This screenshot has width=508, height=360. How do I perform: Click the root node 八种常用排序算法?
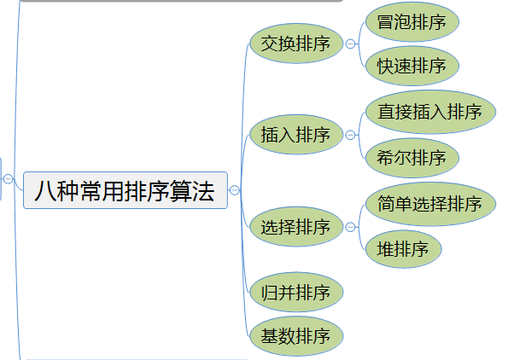[x=126, y=190]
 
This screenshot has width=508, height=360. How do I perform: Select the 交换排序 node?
[x=296, y=44]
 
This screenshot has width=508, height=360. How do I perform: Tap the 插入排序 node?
[x=296, y=134]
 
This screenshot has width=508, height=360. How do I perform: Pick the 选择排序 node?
[x=296, y=227]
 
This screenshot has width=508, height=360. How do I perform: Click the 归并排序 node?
[x=296, y=292]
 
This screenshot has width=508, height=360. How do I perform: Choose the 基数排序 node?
[x=296, y=336]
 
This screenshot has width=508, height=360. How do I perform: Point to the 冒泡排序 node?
[x=412, y=21]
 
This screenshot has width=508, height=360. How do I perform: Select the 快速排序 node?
[x=412, y=66]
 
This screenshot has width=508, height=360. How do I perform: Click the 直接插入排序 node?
[x=430, y=112]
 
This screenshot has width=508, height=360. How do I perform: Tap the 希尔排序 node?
[x=412, y=158]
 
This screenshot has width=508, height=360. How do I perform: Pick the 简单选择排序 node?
[x=430, y=204]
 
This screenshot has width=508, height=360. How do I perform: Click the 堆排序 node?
[x=403, y=249]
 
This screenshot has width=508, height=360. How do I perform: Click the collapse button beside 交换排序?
[x=350, y=44]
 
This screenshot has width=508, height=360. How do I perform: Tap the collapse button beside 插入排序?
[x=350, y=135]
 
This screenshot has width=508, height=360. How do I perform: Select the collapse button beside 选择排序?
[x=350, y=227]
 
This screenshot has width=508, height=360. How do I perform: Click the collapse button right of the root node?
[x=235, y=190]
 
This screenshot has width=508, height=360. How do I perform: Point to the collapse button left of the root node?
[x=8, y=178]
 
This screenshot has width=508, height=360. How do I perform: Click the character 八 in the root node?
[x=44, y=191]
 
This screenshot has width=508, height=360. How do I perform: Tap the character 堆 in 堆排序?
[x=385, y=249]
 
